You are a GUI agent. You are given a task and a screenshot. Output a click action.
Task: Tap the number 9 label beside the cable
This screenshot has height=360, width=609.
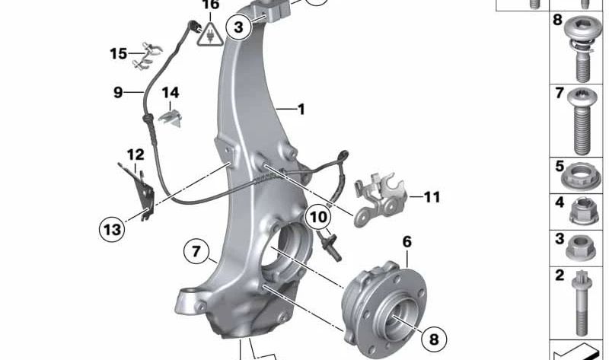tap(118, 93)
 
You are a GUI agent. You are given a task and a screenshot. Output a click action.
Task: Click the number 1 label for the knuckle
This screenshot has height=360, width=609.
tap(301, 110)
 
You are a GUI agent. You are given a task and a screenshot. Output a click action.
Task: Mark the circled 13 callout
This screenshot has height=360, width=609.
tap(111, 228)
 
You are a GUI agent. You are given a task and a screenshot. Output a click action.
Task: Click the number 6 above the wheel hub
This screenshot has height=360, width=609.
tap(407, 242)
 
